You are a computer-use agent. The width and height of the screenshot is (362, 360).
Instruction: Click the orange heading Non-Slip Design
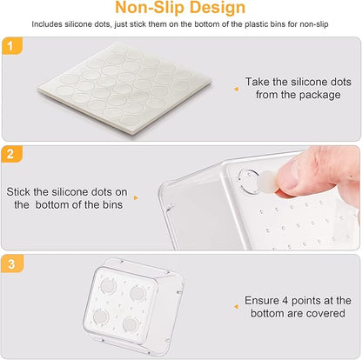point(180,8)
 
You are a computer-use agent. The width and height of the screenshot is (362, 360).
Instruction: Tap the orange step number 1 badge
point(11,46)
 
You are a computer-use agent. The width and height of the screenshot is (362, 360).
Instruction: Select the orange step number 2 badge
point(11,154)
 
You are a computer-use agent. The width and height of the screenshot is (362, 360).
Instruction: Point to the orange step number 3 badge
point(12,263)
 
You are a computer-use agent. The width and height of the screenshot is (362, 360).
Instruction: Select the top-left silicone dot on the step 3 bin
point(108,286)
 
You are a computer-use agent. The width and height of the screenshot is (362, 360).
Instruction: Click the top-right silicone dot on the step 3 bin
point(137,293)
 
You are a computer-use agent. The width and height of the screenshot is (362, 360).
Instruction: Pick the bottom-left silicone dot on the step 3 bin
point(101,317)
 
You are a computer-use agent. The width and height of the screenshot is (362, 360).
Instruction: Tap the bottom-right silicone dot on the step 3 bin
point(130,324)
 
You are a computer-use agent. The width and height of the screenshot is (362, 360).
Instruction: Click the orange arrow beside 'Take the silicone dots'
point(236,90)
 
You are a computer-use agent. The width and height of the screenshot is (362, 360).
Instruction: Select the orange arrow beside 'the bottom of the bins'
point(136,198)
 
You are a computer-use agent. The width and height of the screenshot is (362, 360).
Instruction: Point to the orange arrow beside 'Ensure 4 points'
point(236,307)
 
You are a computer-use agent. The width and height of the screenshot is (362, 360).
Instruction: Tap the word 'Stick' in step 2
point(18,192)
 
